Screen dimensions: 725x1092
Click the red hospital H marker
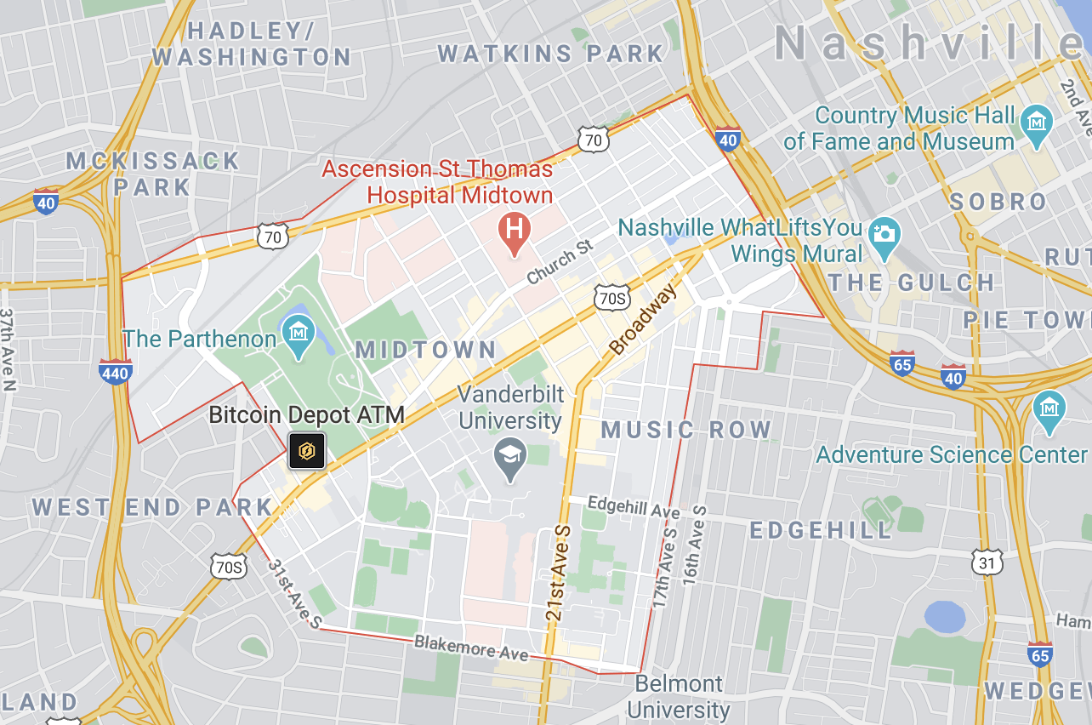tap(515, 229)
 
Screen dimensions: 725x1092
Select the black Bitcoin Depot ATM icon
tap(306, 450)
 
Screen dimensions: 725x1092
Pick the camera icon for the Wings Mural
tap(884, 232)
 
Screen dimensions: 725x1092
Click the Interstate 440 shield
tap(115, 373)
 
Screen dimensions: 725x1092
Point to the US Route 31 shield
tap(987, 562)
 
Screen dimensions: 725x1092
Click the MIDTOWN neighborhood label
tap(426, 350)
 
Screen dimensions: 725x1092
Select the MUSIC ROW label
tap(686, 430)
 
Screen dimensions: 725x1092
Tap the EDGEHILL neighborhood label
tap(821, 530)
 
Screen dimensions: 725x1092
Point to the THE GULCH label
tap(911, 283)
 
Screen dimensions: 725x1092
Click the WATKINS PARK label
tap(550, 54)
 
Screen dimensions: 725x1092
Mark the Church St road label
tap(559, 262)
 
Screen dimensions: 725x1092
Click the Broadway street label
tap(644, 319)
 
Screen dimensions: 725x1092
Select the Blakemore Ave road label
tap(471, 648)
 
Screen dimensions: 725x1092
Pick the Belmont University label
tap(679, 696)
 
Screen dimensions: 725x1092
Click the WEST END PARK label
tap(153, 508)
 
